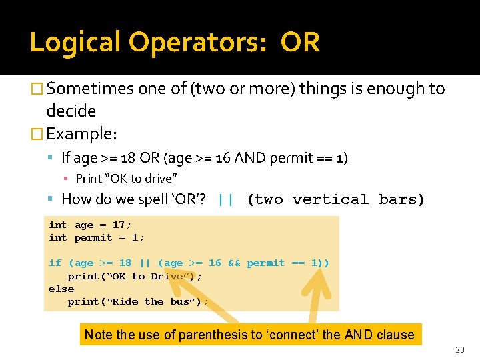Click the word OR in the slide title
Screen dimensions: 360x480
click(x=300, y=42)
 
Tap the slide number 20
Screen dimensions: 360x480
click(x=459, y=350)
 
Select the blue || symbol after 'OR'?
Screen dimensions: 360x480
click(x=225, y=199)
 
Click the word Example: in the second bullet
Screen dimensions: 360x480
click(x=82, y=134)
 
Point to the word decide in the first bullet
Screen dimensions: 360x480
click(x=71, y=111)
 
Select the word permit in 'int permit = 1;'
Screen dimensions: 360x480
click(x=93, y=237)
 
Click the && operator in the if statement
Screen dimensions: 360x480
click(x=234, y=263)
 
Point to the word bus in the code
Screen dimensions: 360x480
click(x=183, y=301)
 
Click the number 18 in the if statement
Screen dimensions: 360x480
click(x=125, y=263)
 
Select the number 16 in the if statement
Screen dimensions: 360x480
click(x=215, y=263)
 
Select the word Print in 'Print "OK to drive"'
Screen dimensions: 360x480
click(x=89, y=178)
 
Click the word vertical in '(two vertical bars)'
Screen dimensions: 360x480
click(x=330, y=199)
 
